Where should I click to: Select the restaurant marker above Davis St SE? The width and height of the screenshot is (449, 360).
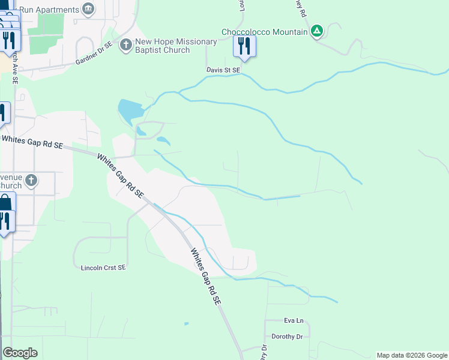[244, 46]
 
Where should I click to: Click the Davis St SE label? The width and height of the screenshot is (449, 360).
[223, 70]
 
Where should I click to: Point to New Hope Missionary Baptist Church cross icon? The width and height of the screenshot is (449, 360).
[125, 45]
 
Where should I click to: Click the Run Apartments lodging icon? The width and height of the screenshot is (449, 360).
[88, 10]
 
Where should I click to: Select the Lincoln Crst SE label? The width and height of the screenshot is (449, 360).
[103, 268]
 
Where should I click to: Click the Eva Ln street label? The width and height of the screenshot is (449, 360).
[294, 321]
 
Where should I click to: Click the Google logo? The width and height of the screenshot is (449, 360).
[20, 353]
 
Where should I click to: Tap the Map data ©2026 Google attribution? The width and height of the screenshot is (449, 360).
[412, 355]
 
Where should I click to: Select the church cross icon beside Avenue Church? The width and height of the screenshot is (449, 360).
[32, 180]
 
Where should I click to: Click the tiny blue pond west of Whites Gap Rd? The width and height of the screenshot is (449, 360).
[186, 324]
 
